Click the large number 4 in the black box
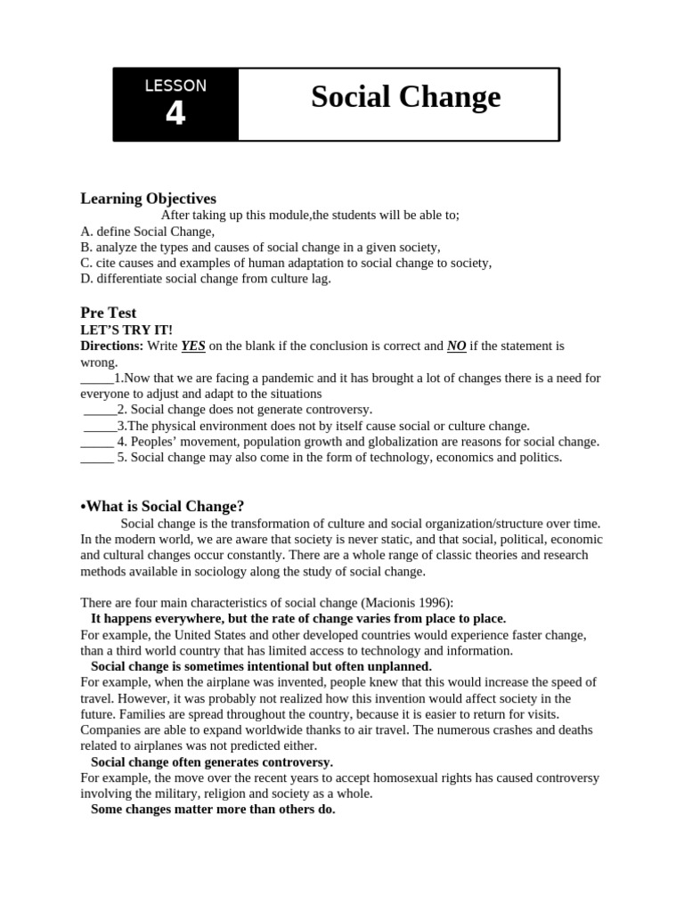click(175, 114)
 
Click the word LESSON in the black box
click(175, 85)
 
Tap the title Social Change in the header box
click(405, 97)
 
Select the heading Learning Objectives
click(148, 199)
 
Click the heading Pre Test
click(109, 313)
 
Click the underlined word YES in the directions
click(193, 346)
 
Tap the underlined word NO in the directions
click(457, 346)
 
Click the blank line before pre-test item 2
click(100, 410)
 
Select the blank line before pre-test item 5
click(96, 458)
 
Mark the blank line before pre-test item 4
click(96, 442)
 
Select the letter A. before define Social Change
click(86, 231)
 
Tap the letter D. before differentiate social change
click(86, 279)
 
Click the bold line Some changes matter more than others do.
click(213, 810)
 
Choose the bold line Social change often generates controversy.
click(212, 761)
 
